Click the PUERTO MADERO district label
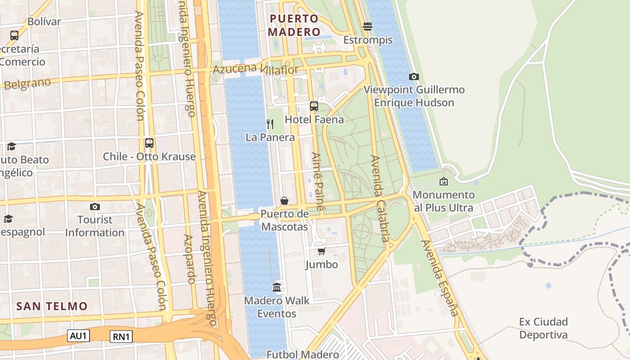294,25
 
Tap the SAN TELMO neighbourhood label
52,306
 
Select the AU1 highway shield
79,335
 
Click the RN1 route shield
121,337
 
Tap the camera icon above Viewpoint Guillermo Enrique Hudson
414,77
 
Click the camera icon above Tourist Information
94,207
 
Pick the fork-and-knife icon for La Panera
270,124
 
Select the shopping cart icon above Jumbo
321,251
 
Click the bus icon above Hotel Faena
314,106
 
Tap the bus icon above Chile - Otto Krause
149,143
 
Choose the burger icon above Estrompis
368,27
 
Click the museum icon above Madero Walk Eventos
277,287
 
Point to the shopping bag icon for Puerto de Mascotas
284,200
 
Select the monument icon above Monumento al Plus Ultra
444,181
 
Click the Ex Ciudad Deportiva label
543,328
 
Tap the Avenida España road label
440,278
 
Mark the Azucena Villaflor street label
255,69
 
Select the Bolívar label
44,22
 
